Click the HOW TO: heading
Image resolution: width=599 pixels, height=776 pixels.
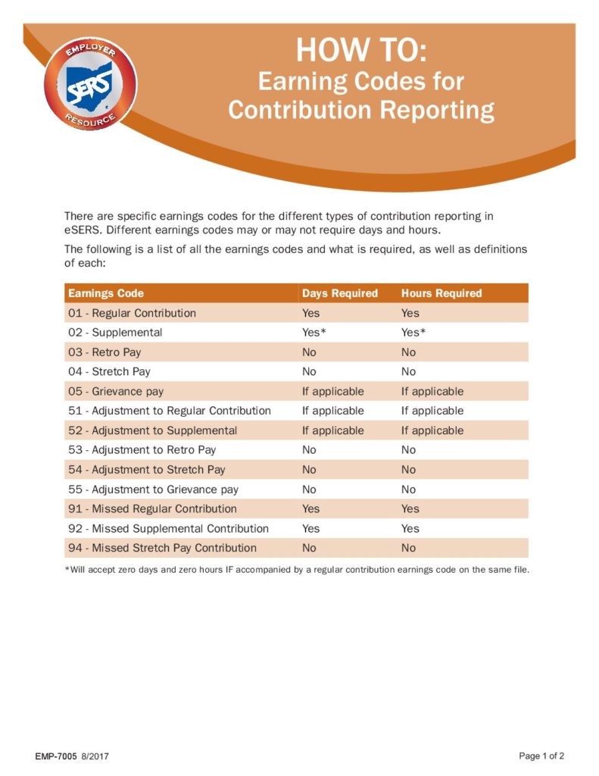(x=361, y=50)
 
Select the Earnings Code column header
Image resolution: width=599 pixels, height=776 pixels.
(x=106, y=293)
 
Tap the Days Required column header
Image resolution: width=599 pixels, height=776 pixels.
(x=339, y=293)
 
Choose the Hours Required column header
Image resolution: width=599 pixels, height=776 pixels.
(x=441, y=293)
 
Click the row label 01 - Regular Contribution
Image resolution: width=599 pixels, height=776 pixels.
(x=132, y=313)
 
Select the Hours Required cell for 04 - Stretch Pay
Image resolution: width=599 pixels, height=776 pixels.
(x=409, y=371)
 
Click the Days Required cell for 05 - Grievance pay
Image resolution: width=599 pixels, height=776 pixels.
(x=332, y=391)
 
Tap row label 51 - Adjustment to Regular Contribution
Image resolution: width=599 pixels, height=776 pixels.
(x=170, y=411)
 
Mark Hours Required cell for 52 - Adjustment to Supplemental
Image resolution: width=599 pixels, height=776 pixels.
(x=432, y=430)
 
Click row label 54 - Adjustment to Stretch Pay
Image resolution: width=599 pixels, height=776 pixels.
(x=147, y=470)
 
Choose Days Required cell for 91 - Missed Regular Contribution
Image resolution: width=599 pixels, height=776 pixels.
(x=310, y=508)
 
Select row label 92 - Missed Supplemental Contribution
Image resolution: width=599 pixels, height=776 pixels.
(x=168, y=528)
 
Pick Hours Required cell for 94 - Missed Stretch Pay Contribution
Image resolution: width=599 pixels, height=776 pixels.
(x=409, y=548)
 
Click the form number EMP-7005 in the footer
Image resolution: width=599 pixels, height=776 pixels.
(x=56, y=756)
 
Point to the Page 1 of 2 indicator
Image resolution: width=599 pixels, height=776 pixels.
(x=541, y=756)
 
